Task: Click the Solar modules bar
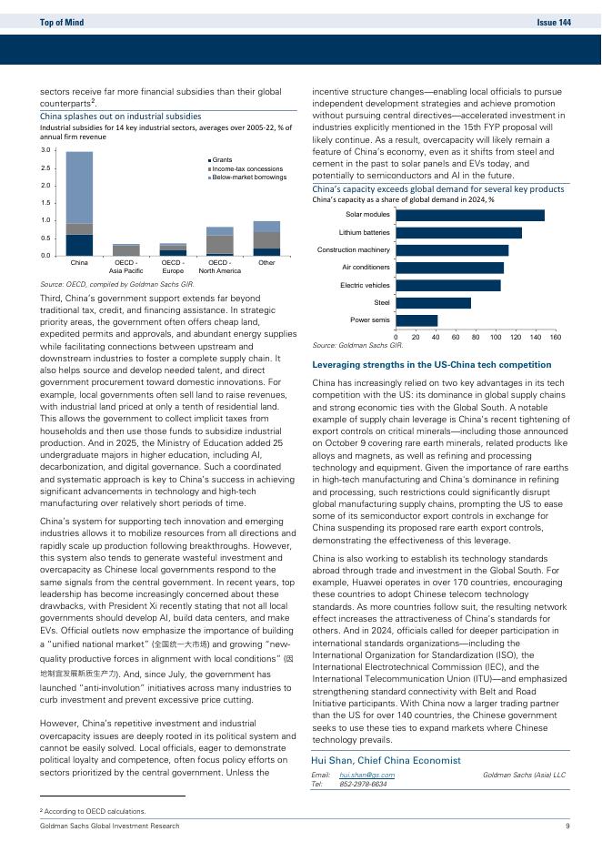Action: (x=469, y=215)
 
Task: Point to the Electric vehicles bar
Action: (x=447, y=285)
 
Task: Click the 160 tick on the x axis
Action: (x=555, y=337)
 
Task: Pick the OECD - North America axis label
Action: (x=219, y=267)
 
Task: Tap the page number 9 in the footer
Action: (x=567, y=826)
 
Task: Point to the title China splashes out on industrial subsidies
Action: (x=120, y=117)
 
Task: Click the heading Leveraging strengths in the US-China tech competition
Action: (x=431, y=364)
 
